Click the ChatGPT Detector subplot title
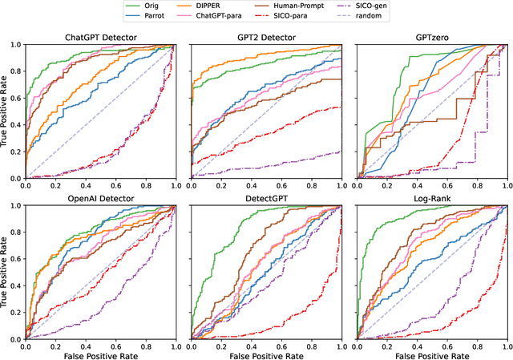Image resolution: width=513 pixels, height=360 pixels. point(100,38)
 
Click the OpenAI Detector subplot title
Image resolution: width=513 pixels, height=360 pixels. point(100,199)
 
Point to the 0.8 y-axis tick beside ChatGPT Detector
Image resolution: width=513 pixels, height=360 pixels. point(16,71)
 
